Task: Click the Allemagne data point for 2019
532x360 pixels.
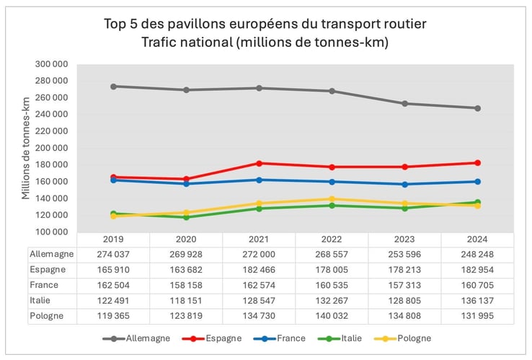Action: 113,87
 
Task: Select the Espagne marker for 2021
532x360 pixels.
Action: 259,163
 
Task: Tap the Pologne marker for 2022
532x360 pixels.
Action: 332,199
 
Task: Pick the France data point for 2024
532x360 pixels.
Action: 477,182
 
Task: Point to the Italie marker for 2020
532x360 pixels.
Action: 186,217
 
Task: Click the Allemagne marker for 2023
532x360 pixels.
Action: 404,104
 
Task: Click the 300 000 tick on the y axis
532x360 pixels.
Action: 52,64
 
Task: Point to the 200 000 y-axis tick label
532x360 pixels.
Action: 52,148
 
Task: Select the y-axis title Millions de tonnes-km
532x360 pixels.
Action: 25,148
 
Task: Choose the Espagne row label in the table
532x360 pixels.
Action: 48,269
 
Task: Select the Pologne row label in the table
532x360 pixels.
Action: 48,316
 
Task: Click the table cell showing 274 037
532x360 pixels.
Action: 113,254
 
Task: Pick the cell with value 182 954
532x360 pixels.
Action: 477,269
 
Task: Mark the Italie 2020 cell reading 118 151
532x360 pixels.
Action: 186,300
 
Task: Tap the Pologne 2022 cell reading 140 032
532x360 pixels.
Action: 332,316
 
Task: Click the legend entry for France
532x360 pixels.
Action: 285,338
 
